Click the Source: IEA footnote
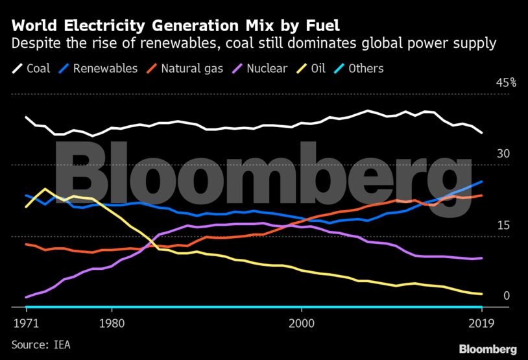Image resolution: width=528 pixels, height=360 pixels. tap(40, 344)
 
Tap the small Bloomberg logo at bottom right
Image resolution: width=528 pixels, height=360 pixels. tap(488, 349)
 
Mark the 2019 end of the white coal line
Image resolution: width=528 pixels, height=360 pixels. tap(481, 132)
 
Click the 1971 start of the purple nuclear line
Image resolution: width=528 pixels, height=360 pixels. tap(26, 297)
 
